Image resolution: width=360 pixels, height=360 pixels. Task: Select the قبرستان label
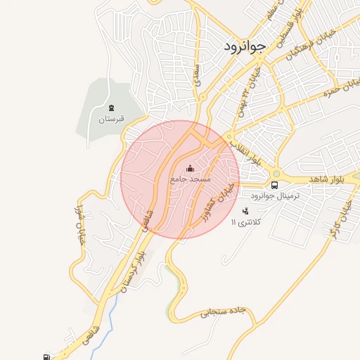point(111,119)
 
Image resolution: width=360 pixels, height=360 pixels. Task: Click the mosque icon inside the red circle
point(190,169)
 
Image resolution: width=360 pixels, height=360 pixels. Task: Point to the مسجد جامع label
point(190,180)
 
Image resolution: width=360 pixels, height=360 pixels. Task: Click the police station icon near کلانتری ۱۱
point(245,211)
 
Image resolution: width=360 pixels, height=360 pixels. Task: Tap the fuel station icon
point(46,356)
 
